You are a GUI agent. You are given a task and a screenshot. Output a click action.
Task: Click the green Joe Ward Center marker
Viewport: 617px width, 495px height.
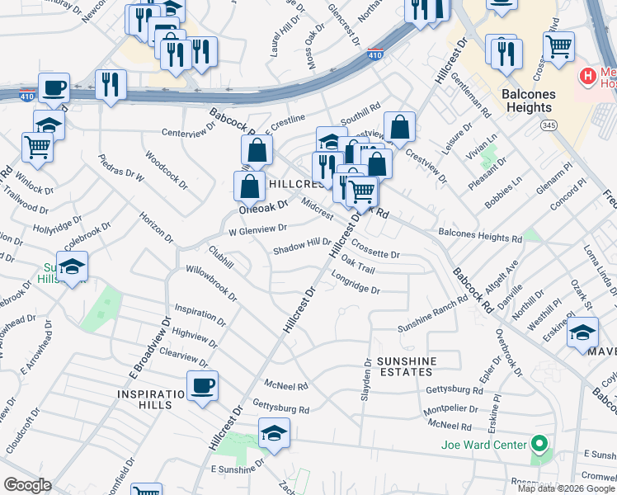click(x=540, y=445)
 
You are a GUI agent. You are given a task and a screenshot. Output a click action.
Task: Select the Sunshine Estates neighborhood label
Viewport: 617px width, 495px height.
click(x=407, y=368)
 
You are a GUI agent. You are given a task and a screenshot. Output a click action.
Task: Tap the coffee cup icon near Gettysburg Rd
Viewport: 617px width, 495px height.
click(x=202, y=385)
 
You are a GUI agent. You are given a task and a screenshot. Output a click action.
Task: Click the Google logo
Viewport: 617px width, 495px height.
click(x=27, y=485)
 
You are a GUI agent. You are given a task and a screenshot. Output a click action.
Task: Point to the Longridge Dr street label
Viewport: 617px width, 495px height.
click(x=356, y=284)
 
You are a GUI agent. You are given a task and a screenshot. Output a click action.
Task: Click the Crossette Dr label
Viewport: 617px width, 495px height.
click(x=375, y=249)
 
